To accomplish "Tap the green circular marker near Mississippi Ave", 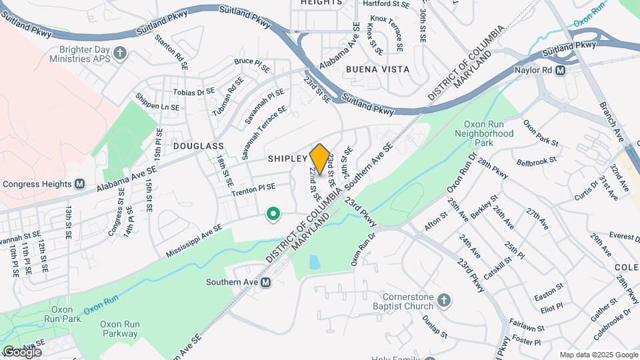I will click(273, 214).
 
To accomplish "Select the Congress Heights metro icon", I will click(80, 184).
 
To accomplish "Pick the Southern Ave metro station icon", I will click(266, 282).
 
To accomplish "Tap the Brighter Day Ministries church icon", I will click(120, 53).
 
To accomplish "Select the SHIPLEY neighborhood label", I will click(287, 159).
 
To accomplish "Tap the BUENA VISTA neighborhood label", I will click(378, 69).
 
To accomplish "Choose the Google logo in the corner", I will click(22, 351).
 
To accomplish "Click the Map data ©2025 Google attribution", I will click(598, 355).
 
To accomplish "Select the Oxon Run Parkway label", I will click(119, 329).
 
